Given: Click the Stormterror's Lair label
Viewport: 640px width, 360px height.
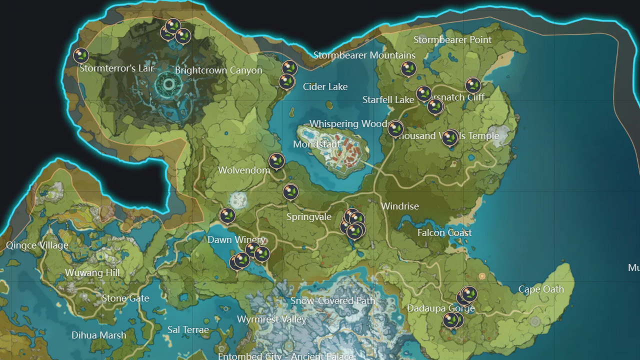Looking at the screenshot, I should click(x=117, y=68).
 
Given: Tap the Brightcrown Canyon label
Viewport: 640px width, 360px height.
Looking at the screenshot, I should click(x=218, y=70).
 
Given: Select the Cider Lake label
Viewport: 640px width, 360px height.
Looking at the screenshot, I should click(x=325, y=86).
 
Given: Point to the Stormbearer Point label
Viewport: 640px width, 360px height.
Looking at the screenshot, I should click(x=452, y=39).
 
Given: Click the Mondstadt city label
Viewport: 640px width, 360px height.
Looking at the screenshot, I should click(x=316, y=144).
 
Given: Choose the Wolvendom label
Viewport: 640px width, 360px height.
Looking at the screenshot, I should click(x=244, y=170).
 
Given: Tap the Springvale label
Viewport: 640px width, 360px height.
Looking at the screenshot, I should click(x=309, y=217).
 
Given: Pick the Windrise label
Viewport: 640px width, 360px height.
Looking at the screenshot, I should click(x=399, y=206).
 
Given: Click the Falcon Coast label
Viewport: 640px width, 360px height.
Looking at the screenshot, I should click(x=444, y=232).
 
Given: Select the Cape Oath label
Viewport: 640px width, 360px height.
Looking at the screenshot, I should click(x=541, y=289).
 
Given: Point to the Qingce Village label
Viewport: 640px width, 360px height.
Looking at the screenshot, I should click(x=37, y=245).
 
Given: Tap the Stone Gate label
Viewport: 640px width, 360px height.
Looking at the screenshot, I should click(x=125, y=298).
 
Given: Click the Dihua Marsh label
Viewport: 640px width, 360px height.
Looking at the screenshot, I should click(x=98, y=335).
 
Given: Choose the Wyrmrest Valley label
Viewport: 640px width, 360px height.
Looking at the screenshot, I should click(x=271, y=319).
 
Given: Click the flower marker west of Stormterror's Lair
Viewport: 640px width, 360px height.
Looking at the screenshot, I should click(x=81, y=55).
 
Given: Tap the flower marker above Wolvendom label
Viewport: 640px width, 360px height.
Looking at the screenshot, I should click(x=276, y=161).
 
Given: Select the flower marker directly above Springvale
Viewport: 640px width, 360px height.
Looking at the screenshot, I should click(x=290, y=191).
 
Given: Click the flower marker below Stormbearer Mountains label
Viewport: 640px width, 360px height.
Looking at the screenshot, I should click(x=408, y=68).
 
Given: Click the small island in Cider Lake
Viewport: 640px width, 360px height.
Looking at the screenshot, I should click(x=329, y=105).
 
